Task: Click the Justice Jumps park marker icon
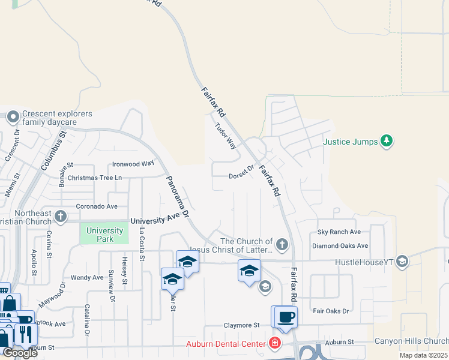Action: point(387,141)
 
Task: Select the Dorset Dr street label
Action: point(242,175)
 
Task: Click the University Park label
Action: point(100,235)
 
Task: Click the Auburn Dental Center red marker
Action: point(274,344)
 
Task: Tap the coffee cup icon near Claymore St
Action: point(286,317)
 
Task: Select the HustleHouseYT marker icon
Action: point(402,261)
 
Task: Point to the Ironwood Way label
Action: point(133,164)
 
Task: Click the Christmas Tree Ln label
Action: point(95,178)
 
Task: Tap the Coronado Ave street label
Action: point(96,206)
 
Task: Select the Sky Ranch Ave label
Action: point(339,232)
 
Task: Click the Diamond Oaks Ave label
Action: point(340,245)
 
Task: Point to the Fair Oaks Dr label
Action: point(331,311)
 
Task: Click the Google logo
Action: point(20,353)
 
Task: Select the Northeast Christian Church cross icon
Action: point(60,216)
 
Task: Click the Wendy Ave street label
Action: point(87,278)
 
